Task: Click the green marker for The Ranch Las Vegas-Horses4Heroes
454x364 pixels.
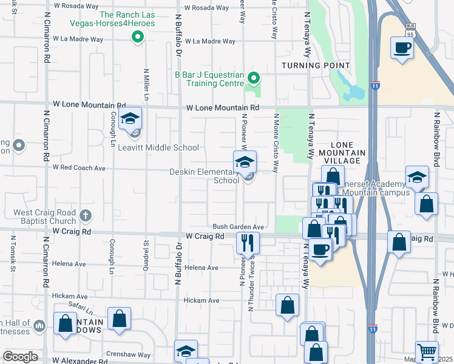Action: (x=138, y=37)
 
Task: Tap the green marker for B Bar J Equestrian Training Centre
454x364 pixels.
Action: (x=254, y=78)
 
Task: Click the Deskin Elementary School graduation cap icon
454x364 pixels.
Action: (x=245, y=162)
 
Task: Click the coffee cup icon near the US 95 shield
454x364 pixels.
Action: (x=402, y=47)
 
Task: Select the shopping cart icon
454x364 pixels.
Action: (x=427, y=352)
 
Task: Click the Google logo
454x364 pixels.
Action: (x=21, y=357)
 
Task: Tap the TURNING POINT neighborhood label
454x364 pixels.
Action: (x=315, y=66)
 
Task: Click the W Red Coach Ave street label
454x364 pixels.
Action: (x=79, y=167)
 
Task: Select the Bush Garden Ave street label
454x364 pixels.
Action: (x=237, y=227)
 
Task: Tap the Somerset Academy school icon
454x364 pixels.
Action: (x=416, y=177)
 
